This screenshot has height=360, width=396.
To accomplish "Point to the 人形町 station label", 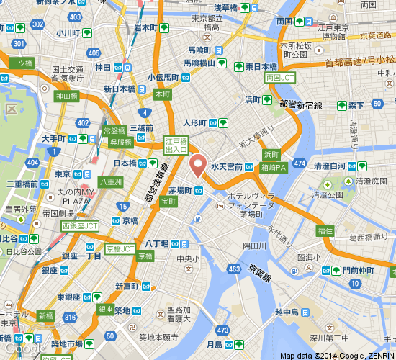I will [x=195, y=122].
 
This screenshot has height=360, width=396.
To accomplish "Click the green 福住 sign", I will [x=325, y=231].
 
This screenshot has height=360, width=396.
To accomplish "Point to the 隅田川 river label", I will [x=255, y=246].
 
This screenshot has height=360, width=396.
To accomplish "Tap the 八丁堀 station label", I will [x=156, y=244].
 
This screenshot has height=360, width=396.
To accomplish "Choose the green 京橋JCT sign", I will [x=120, y=248].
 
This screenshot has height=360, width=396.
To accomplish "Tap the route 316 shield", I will [x=70, y=318].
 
